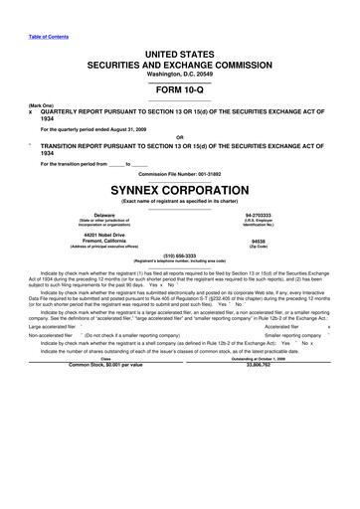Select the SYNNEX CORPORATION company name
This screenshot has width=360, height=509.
(179, 187)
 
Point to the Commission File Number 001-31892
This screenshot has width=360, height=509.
(179, 172)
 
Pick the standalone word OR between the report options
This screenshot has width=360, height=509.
(179, 136)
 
